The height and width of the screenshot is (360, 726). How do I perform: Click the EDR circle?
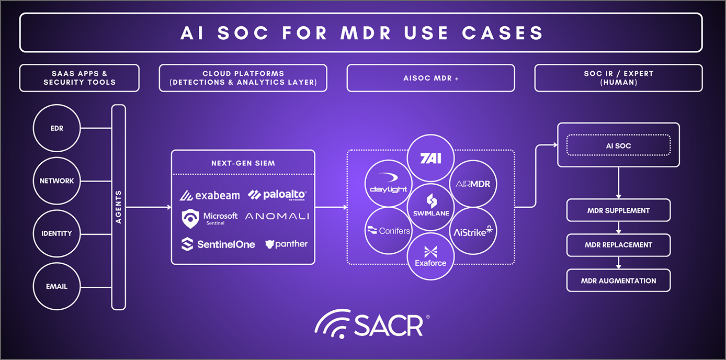click(x=56, y=128)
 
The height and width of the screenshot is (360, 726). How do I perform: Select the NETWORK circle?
click(x=56, y=181)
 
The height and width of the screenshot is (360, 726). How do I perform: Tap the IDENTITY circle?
click(x=56, y=233)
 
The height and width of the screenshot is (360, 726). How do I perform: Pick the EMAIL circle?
click(x=56, y=287)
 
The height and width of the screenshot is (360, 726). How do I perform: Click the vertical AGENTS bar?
click(x=119, y=207)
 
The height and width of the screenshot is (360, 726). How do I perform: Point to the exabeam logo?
click(x=210, y=196)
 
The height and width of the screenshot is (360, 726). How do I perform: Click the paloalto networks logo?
click(x=277, y=195)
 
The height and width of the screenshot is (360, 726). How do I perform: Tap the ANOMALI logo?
click(x=277, y=216)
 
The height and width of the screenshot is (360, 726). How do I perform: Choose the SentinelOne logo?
click(x=218, y=244)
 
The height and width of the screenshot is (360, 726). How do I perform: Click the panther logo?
click(x=286, y=244)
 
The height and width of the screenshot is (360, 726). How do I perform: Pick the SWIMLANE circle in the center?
click(x=431, y=207)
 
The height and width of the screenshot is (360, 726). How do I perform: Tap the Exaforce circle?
click(x=431, y=256)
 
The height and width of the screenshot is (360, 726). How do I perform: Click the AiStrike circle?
click(x=473, y=230)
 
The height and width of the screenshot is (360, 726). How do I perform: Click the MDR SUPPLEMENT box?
click(x=618, y=210)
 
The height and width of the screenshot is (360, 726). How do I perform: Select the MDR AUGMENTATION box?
click(x=618, y=281)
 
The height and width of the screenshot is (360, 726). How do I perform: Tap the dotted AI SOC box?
click(x=618, y=146)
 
